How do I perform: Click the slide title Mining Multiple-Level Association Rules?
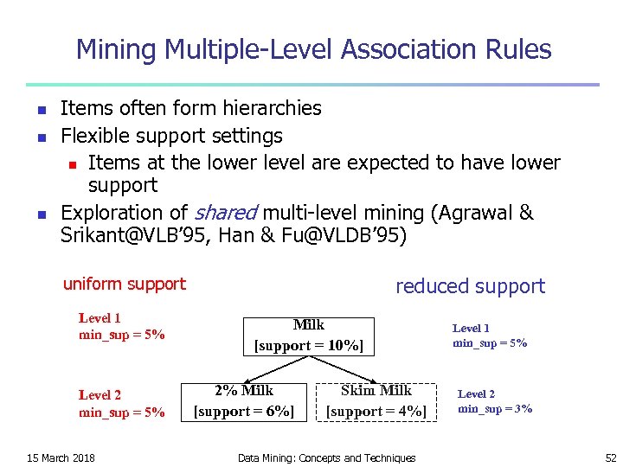click(313, 49)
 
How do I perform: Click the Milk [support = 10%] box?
click(308, 336)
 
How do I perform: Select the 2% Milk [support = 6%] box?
click(243, 400)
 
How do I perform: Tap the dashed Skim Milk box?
click(376, 400)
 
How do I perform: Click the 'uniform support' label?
click(125, 284)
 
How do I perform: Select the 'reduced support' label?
click(470, 286)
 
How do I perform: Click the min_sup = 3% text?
click(495, 408)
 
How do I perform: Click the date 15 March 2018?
click(61, 457)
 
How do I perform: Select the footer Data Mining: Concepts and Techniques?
click(326, 457)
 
